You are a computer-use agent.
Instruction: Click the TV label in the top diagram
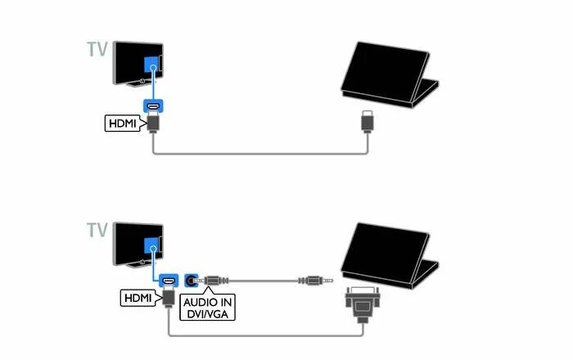[96, 49]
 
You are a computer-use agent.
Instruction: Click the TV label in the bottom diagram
[96, 229]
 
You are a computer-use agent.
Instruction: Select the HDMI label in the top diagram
[123, 124]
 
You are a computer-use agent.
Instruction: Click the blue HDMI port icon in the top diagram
[153, 106]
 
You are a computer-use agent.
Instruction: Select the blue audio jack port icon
[193, 280]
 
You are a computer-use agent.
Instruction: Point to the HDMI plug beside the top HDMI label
[153, 123]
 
